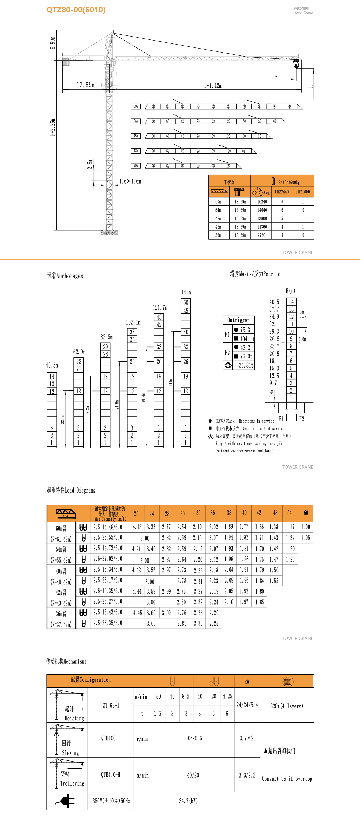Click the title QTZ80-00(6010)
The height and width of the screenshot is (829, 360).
pyautogui.click(x=76, y=10)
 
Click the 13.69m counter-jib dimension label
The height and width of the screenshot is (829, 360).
pyautogui.click(x=86, y=85)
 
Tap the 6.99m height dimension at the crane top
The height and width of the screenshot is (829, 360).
pyautogui.click(x=53, y=42)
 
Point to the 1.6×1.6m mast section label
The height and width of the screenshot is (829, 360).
pyautogui.click(x=130, y=181)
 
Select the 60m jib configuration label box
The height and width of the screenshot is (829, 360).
pyautogui.click(x=136, y=106)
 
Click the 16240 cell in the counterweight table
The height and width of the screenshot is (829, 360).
pyautogui.click(x=262, y=202)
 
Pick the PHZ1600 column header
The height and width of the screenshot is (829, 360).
pyautogui.click(x=303, y=192)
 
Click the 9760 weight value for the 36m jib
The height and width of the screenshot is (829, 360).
pyautogui.click(x=261, y=235)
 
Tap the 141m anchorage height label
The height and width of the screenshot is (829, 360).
pyautogui.click(x=186, y=292)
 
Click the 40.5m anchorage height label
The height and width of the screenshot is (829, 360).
pyautogui.click(x=52, y=365)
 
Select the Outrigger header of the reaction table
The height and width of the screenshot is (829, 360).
pyautogui.click(x=238, y=320)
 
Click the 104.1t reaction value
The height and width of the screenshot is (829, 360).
pyautogui.click(x=247, y=339)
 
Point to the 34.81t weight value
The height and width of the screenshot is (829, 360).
pyautogui.click(x=246, y=365)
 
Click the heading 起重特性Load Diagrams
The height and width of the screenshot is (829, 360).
pyautogui.click(x=71, y=490)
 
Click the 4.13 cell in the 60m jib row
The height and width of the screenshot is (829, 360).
pyautogui.click(x=137, y=527)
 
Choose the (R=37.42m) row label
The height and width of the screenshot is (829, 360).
pyautogui.click(x=61, y=625)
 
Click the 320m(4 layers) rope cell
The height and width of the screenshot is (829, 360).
pyautogui.click(x=286, y=706)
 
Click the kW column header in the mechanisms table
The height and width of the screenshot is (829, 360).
pyautogui.click(x=247, y=681)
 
